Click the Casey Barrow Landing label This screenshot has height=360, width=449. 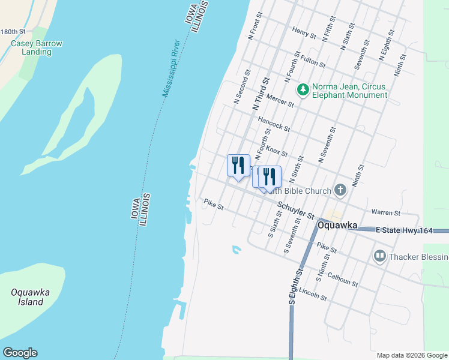(36, 47)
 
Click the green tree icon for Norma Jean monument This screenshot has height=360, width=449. (303, 89)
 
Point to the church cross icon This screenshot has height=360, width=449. (340, 191)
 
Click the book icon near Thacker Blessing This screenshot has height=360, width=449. (379, 257)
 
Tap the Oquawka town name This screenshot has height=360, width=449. (337, 226)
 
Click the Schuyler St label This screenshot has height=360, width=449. (295, 210)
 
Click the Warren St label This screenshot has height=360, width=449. (385, 212)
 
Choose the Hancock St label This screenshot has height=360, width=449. (274, 124)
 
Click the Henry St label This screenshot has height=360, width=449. (304, 32)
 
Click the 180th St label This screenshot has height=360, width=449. (13, 31)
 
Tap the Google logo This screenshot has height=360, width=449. (20, 353)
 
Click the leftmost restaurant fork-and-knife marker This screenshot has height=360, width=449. (238, 164)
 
